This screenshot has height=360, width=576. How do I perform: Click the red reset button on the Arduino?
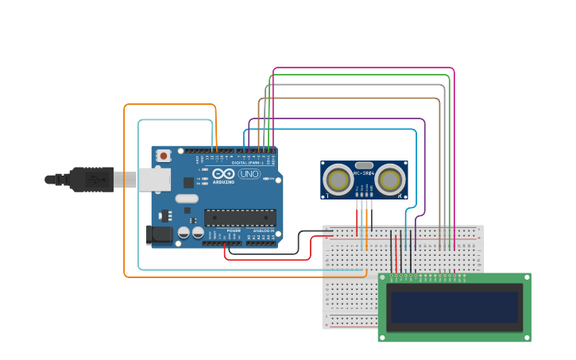(x=164, y=155)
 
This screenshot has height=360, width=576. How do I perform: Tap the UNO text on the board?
(x=249, y=173)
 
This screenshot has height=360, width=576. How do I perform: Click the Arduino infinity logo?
(x=223, y=173)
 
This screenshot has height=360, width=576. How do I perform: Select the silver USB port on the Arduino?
(x=154, y=179)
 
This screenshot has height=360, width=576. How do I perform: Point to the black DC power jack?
(x=159, y=234)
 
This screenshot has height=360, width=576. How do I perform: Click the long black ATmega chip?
(x=240, y=217)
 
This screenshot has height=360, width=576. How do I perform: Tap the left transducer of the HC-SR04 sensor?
(x=339, y=180)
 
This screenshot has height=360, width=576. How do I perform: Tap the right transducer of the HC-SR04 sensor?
(x=390, y=180)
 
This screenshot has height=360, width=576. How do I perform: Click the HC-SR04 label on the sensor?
(x=364, y=173)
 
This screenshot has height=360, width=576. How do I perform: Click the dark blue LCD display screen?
(x=454, y=307)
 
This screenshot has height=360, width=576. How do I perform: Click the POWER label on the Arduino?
(x=234, y=230)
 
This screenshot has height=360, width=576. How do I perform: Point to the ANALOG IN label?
(x=263, y=230)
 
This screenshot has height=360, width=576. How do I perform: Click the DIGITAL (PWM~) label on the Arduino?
(x=245, y=162)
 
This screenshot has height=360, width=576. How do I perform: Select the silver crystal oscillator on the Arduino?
(x=186, y=198)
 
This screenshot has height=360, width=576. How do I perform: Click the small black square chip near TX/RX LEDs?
(x=188, y=182)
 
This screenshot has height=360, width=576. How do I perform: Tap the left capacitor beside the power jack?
(x=184, y=233)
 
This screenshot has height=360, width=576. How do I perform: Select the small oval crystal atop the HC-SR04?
(x=364, y=165)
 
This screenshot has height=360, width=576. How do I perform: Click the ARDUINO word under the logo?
(x=224, y=182)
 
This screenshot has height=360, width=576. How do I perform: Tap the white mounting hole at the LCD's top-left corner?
(x=382, y=278)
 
